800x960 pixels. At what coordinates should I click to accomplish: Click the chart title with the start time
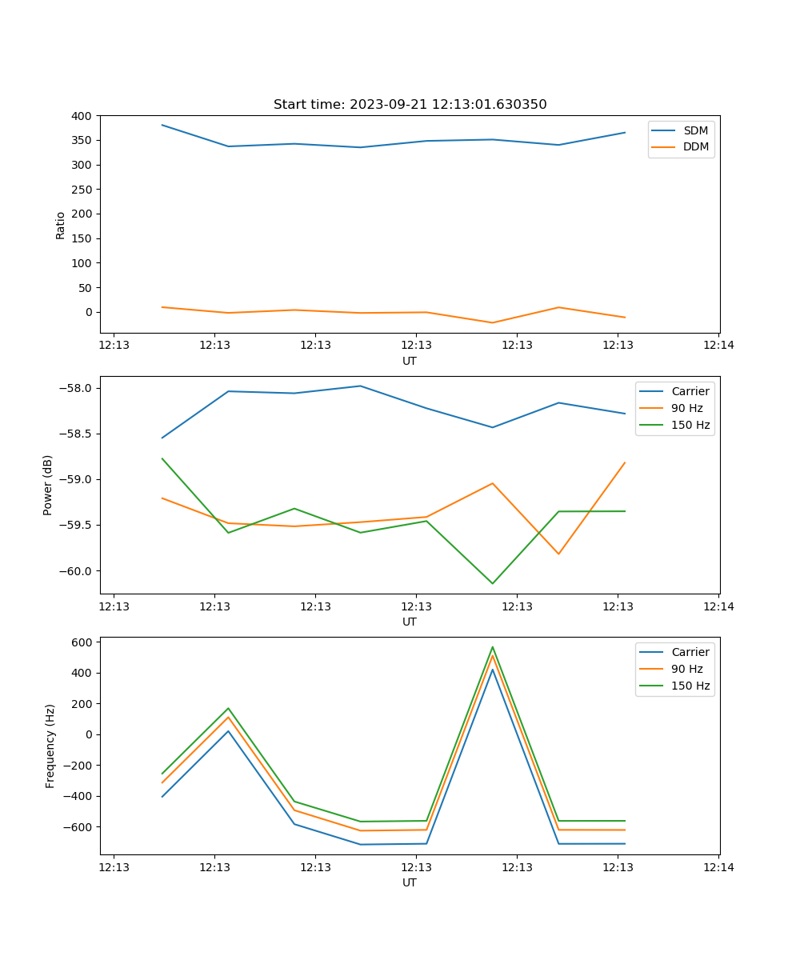tap(410, 105)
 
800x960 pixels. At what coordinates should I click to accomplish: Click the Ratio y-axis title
tap(61, 224)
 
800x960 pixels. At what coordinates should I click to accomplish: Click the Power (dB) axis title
tap(48, 485)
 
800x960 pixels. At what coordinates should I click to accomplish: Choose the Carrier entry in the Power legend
tap(690, 391)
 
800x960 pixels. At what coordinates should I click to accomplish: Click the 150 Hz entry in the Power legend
tap(690, 425)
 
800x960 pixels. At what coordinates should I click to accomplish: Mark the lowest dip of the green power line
tap(492, 583)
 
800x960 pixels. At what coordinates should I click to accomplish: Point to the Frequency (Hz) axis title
tap(50, 746)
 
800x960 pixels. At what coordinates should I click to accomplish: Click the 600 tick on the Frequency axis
tap(83, 642)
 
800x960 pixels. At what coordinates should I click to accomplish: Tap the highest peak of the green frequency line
tap(492, 647)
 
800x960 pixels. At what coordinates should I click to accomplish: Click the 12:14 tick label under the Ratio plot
tap(718, 346)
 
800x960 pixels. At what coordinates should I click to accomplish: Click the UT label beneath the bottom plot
tap(410, 883)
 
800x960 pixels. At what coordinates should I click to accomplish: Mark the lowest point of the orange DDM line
tap(492, 322)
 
